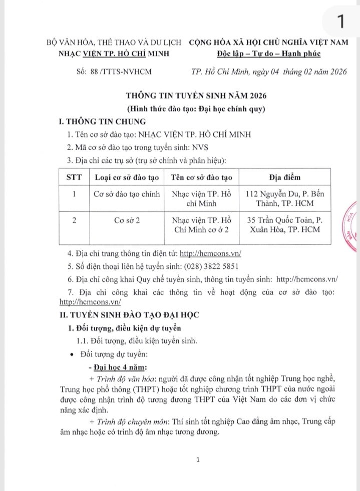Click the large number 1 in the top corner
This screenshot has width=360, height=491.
pos(340,22)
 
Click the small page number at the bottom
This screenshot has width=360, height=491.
pos(199,459)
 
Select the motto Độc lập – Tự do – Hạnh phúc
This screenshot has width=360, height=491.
pos(269,54)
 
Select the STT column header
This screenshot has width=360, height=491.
pos(74,177)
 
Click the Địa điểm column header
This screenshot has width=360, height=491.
pos(285,177)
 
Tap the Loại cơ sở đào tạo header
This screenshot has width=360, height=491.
pos(127,177)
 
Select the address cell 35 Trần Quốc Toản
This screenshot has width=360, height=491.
pos(285,225)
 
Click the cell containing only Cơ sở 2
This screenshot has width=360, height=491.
pos(127,220)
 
